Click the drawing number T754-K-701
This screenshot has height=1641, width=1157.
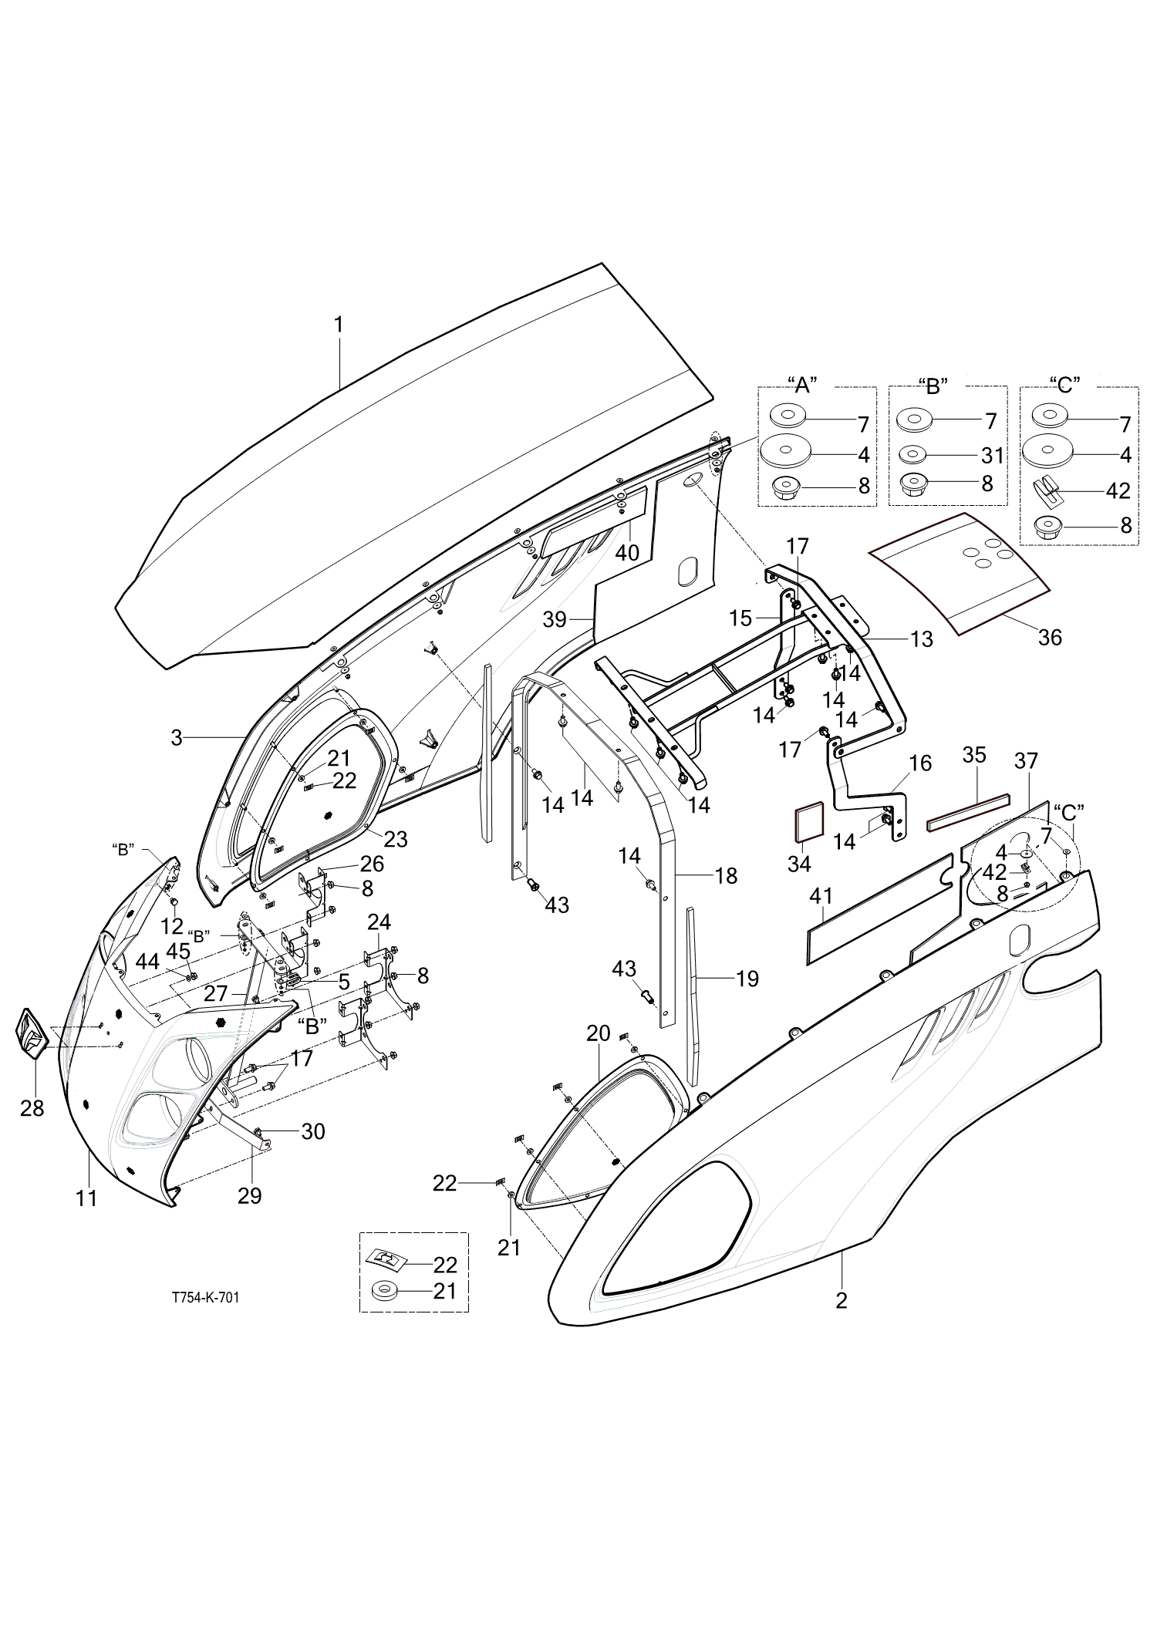(x=205, y=1298)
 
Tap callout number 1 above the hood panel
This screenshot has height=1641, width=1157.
(x=338, y=325)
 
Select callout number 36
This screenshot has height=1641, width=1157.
(x=1050, y=637)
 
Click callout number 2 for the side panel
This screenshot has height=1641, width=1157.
(x=842, y=1300)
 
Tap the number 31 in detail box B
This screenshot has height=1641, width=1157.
(x=993, y=456)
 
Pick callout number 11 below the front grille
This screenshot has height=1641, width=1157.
(x=86, y=1198)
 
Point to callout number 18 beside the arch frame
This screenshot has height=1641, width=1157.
(x=727, y=875)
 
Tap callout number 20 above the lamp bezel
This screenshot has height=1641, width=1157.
(x=599, y=1033)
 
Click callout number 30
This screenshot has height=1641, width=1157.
(x=313, y=1131)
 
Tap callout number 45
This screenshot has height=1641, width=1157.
(x=178, y=951)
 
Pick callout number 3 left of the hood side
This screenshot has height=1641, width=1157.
(x=177, y=738)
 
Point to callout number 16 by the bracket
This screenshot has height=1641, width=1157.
(x=920, y=763)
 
